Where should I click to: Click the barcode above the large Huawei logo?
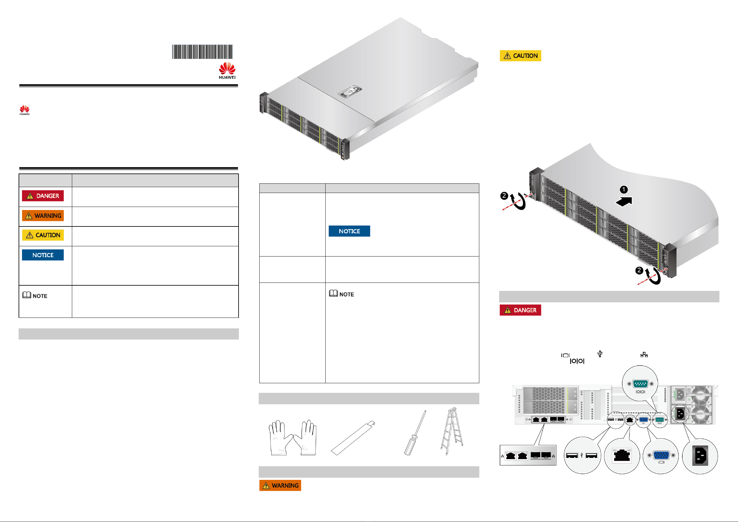tap(202, 51)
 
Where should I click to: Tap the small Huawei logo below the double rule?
tap(24, 110)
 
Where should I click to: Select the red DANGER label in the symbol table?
tap(43, 196)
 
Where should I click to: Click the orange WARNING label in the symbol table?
tap(43, 215)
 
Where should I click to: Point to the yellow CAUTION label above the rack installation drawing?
tap(520, 55)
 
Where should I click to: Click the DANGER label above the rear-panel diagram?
tap(520, 310)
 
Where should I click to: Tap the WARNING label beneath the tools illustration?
tap(280, 485)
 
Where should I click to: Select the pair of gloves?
tap(292, 438)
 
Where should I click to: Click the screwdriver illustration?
tap(415, 433)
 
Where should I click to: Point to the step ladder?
tap(452, 431)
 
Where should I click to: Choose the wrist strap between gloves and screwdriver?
tap(353, 438)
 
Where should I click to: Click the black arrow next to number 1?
tap(624, 201)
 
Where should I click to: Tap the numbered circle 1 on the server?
tap(624, 190)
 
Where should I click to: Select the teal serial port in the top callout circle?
tap(640, 384)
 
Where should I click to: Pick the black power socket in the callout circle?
tap(701, 456)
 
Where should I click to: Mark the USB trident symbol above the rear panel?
tap(600, 353)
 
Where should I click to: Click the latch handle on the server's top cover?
tap(350, 91)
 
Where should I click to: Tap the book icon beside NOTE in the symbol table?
tap(27, 295)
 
